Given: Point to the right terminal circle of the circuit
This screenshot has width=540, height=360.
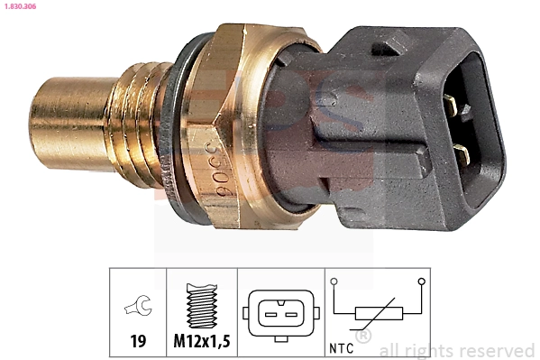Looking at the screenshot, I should click(x=420, y=282).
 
